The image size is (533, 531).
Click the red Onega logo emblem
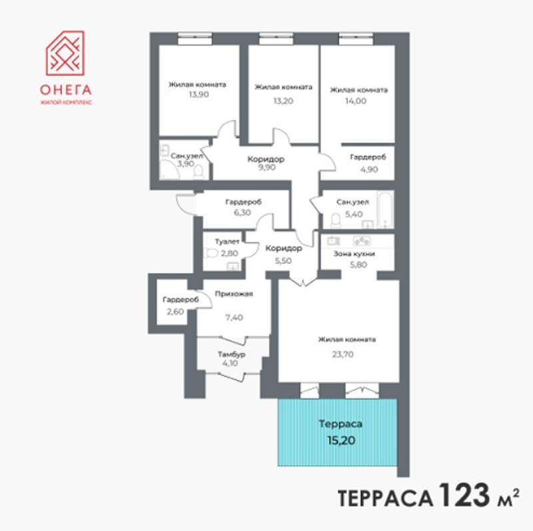65,53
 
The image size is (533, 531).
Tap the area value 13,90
199,95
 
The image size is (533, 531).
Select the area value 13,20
283,101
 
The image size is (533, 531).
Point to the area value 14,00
356,101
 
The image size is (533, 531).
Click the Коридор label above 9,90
266,159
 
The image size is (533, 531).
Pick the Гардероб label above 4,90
368,157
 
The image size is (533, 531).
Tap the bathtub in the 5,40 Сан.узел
386,210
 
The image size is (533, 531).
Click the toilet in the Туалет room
211,253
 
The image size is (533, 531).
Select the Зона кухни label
354,254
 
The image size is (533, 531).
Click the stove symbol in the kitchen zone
362,241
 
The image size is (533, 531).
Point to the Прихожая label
234,294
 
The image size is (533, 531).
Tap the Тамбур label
231,354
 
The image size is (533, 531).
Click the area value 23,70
342,354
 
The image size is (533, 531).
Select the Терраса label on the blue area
340,424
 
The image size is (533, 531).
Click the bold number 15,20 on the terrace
341,440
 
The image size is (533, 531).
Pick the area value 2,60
175,312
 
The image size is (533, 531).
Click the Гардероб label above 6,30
243,202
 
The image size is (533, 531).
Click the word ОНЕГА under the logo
65,90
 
